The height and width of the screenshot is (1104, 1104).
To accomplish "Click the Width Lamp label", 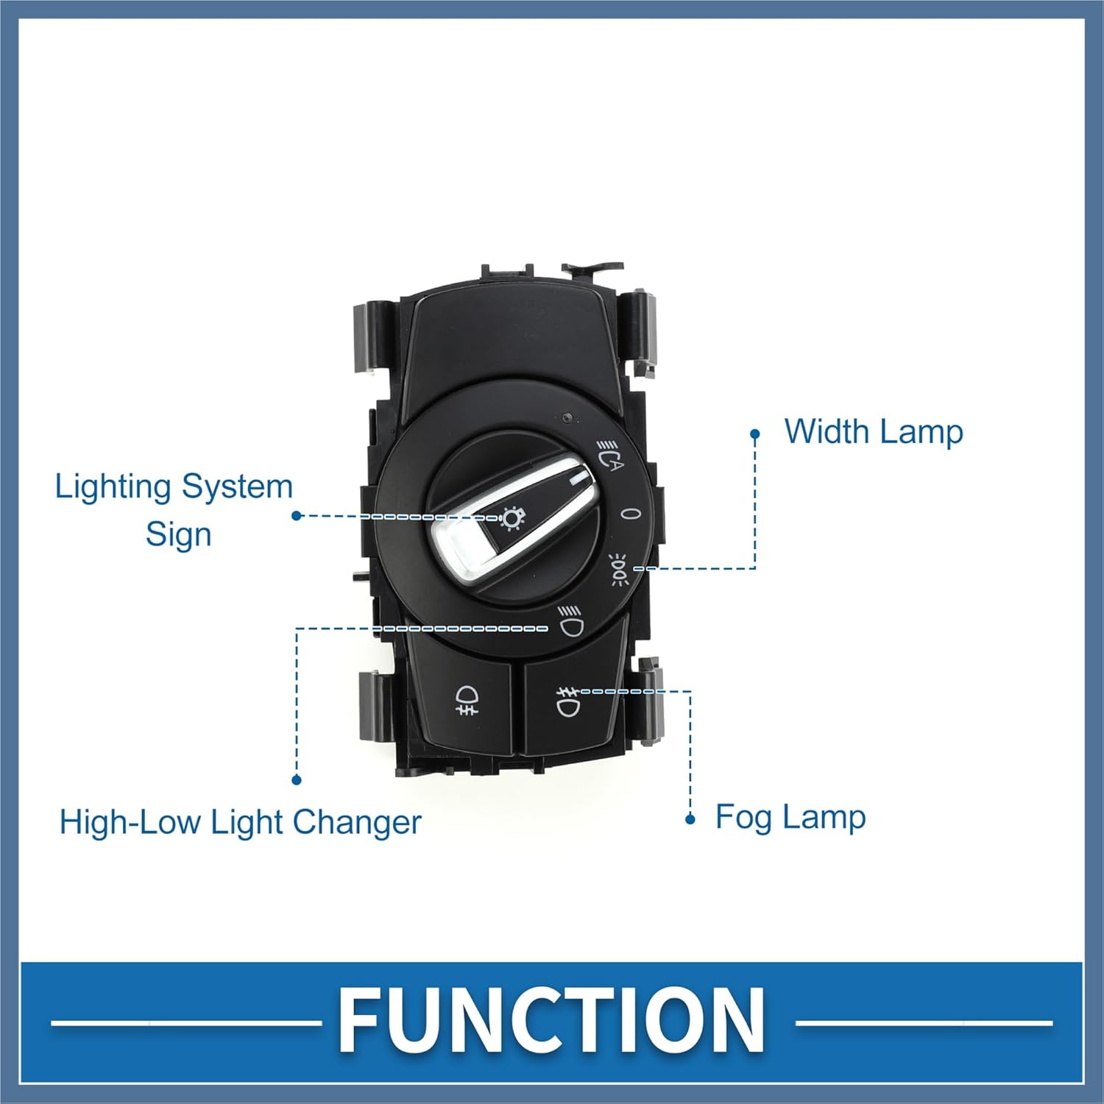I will click(x=873, y=432).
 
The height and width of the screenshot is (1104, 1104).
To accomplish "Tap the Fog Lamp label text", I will click(x=790, y=818).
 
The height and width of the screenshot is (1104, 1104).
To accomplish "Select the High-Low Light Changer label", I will click(x=240, y=822).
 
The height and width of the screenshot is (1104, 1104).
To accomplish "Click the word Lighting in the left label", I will click(x=113, y=487).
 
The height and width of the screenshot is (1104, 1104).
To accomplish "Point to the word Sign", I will click(x=178, y=534).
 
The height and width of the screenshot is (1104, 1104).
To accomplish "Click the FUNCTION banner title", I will click(x=551, y=1020).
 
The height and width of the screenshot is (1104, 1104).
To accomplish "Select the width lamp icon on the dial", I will click(x=619, y=567).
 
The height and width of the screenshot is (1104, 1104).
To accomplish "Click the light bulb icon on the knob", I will click(x=511, y=518).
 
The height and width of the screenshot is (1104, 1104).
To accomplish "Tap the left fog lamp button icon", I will click(x=465, y=700).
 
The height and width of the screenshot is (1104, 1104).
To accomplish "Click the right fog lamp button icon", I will click(x=567, y=701).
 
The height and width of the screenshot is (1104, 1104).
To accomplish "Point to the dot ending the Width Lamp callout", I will click(x=754, y=434).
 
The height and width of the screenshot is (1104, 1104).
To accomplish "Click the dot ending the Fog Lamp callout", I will click(x=690, y=819).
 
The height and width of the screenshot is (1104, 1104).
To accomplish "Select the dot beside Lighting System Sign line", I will click(x=297, y=516).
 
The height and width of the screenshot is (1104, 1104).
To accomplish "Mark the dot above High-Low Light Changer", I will click(x=297, y=780).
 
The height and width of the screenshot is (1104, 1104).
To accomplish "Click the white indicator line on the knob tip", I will click(x=579, y=479).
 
